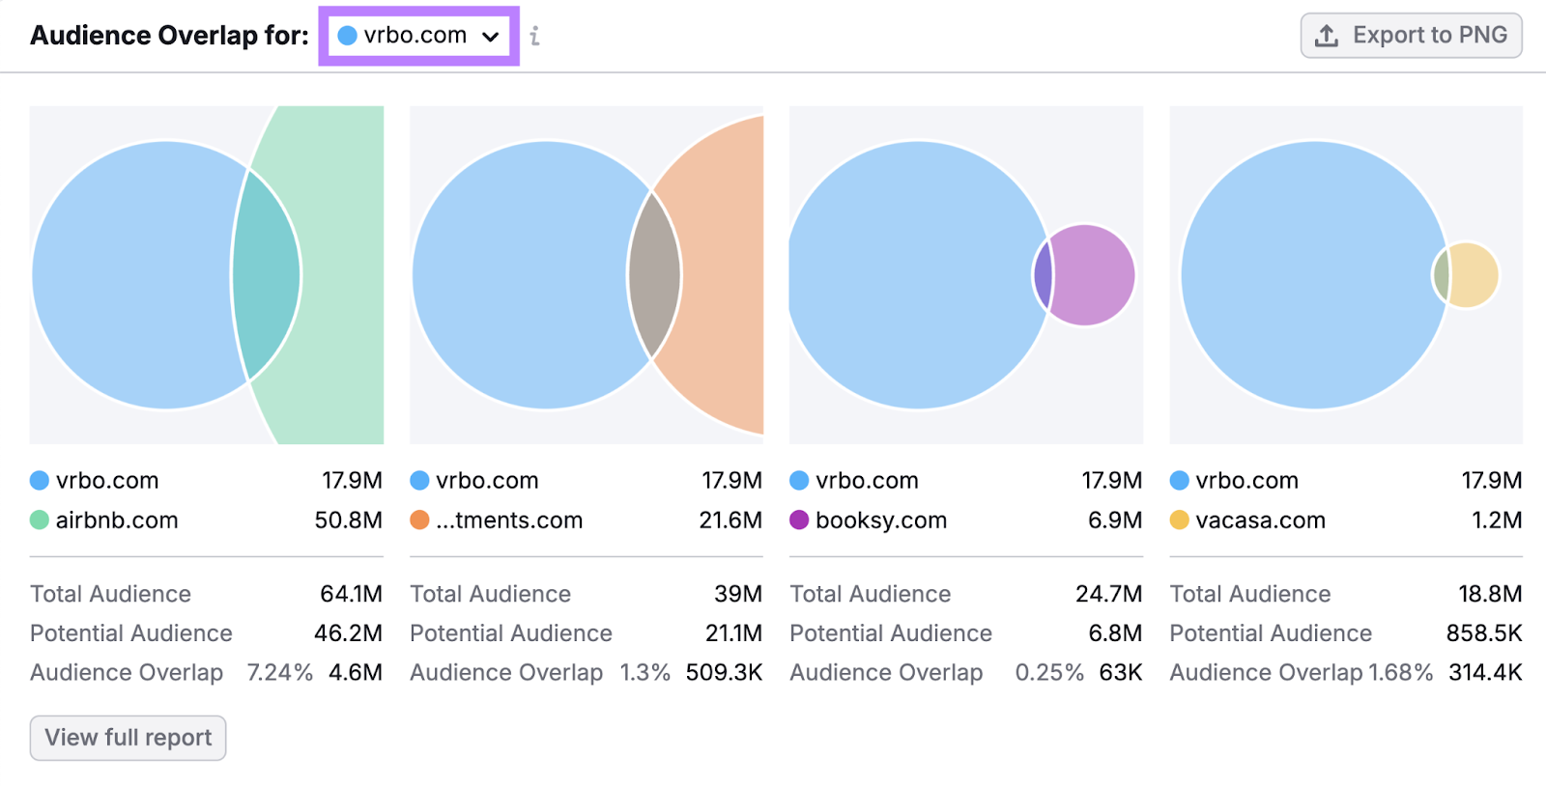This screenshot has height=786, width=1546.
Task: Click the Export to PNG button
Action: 1411,36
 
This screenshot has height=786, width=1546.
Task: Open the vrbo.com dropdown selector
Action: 418,36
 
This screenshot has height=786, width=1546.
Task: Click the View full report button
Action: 128,738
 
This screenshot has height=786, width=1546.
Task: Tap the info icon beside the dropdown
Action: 534,37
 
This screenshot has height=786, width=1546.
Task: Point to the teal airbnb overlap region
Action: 267,275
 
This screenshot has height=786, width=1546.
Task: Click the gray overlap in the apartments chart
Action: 654,275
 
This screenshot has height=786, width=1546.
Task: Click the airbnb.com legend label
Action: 116,520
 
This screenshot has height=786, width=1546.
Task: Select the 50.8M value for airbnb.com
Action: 348,520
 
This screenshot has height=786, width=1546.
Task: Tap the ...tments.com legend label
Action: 508,520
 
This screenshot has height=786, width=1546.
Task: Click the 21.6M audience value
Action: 730,520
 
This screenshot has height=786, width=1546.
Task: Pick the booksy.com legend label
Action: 880,520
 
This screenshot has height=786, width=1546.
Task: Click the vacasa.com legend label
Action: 1260,520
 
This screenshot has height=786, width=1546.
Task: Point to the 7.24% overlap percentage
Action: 279,672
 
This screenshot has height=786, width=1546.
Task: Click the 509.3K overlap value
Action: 724,672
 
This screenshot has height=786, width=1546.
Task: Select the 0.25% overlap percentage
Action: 1048,672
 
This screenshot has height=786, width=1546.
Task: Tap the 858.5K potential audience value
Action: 1483,633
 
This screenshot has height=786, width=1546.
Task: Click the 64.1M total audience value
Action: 351,594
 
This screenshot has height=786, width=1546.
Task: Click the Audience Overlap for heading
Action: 169,36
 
